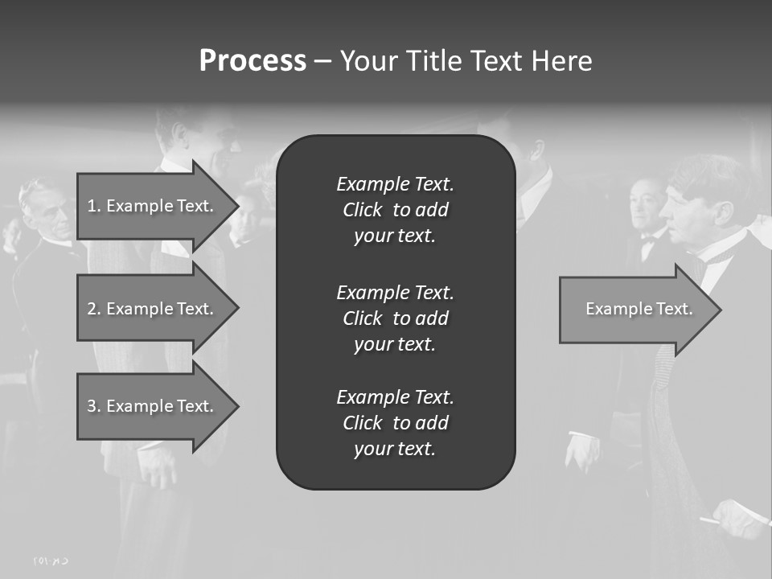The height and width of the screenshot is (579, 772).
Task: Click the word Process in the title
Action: click(x=253, y=61)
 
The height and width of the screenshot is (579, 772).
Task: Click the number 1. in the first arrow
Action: click(x=94, y=206)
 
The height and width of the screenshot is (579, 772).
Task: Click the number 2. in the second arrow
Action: click(x=94, y=309)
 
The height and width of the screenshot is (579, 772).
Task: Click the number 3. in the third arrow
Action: click(x=94, y=406)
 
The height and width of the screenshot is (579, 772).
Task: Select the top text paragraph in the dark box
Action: click(x=395, y=210)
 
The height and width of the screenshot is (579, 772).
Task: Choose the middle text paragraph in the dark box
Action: click(x=395, y=318)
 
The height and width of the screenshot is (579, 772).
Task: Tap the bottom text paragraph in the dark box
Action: click(x=395, y=423)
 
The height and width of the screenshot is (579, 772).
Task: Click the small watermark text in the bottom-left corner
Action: click(x=51, y=561)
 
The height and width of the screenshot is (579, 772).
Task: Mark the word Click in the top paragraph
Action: click(x=362, y=210)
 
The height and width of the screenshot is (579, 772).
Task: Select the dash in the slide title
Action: click(x=322, y=61)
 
